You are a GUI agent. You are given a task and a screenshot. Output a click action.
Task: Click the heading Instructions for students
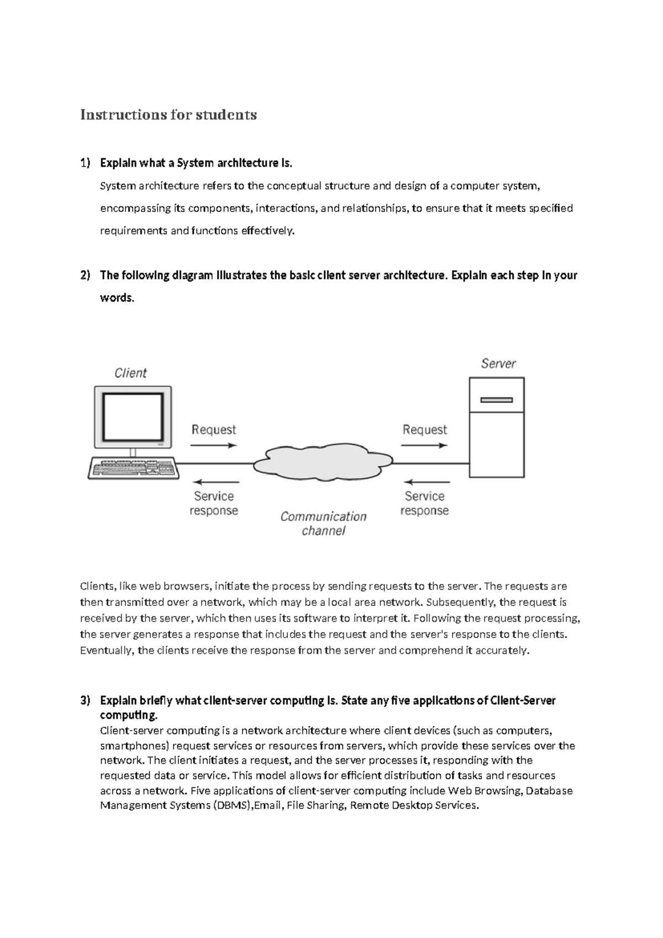(169, 114)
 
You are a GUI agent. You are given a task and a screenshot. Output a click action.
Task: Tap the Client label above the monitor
(130, 373)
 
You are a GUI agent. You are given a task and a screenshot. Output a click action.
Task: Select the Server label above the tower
(498, 363)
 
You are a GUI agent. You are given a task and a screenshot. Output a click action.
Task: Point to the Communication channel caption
(323, 523)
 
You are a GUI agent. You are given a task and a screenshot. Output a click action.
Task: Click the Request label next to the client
(213, 430)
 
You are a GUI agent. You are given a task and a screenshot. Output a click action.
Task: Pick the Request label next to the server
(424, 430)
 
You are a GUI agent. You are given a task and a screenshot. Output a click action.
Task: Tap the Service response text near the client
(214, 503)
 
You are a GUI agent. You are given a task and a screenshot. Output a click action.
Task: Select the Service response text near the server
(424, 503)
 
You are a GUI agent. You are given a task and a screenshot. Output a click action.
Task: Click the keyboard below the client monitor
(133, 468)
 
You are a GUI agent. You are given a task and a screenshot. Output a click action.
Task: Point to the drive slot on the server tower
(496, 399)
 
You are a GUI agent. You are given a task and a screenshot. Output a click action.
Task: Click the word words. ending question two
(117, 298)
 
